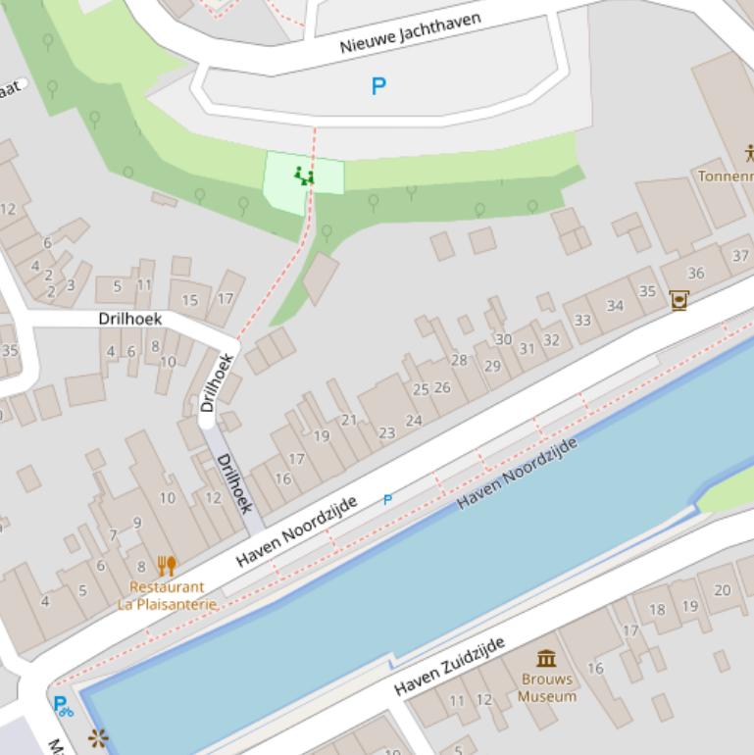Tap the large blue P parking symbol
(x=378, y=86)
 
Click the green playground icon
(x=304, y=176)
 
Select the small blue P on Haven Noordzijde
(x=387, y=500)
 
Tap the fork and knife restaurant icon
(x=167, y=566)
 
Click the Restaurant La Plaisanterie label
(x=167, y=595)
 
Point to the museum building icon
(x=546, y=658)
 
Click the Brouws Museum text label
(x=547, y=687)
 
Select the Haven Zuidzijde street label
(x=450, y=666)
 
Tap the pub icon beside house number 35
(x=678, y=299)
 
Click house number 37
(x=740, y=256)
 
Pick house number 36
(x=696, y=274)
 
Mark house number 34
(x=615, y=305)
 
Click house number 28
(x=459, y=360)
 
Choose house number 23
(x=386, y=432)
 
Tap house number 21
(x=349, y=420)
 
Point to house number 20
(x=723, y=589)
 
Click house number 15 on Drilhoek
(x=190, y=300)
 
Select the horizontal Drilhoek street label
(x=129, y=319)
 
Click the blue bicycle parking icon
(x=63, y=705)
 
